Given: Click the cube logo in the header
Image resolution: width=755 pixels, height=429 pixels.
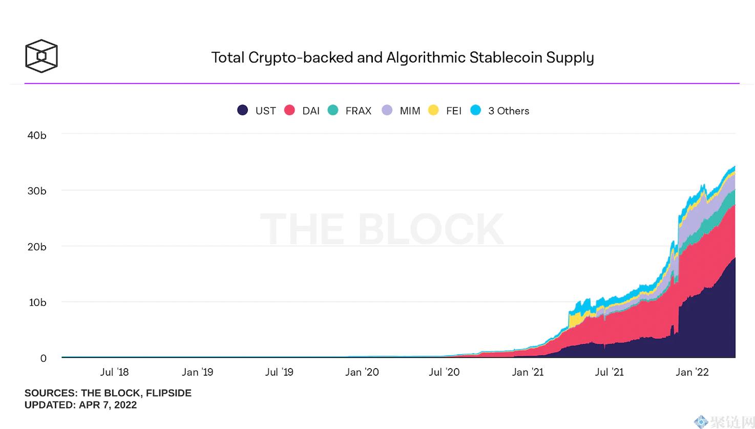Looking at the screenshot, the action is [x=41, y=56].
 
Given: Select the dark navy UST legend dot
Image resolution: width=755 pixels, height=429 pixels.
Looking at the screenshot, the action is [x=242, y=110].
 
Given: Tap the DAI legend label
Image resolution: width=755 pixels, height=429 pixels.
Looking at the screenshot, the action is [x=311, y=111].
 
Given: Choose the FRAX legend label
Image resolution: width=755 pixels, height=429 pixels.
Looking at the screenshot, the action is [x=358, y=111].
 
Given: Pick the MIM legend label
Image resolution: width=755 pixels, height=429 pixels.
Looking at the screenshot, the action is [x=410, y=111].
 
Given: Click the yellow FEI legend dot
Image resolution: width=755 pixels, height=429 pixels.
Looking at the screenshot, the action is [x=433, y=110].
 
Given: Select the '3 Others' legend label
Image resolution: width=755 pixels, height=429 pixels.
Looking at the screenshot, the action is [x=509, y=111].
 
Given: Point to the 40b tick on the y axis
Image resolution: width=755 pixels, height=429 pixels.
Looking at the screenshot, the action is [x=37, y=135].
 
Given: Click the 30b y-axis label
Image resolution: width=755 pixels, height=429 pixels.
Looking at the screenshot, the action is [x=37, y=191].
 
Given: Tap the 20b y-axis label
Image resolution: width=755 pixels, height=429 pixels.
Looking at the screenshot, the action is [x=37, y=247].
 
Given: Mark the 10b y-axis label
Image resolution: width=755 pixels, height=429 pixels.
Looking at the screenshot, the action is [x=37, y=302].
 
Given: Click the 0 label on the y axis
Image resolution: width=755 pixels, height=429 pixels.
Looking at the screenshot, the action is [x=44, y=358].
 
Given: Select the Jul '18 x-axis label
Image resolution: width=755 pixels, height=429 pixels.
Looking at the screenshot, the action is [x=114, y=372].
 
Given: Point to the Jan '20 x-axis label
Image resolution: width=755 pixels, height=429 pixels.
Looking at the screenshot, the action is [x=362, y=372].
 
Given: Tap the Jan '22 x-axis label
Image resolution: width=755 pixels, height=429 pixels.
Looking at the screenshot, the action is [x=692, y=372].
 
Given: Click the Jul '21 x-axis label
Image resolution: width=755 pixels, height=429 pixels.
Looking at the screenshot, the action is [x=609, y=372].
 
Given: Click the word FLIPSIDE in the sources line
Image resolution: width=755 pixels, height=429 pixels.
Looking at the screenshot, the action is [x=169, y=393].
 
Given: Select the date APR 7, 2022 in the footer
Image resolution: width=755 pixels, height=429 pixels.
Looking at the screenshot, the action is [x=108, y=405].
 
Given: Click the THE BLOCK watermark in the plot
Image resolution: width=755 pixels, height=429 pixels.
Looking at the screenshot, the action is [x=382, y=229].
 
